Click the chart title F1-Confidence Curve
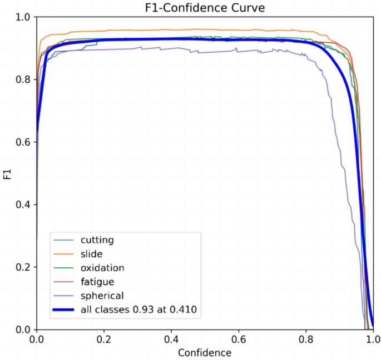click(205, 7)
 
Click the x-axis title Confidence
click(205, 352)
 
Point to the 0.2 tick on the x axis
click(104, 338)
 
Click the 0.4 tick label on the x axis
click(171, 338)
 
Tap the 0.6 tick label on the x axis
click(239, 338)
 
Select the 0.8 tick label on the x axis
click(306, 338)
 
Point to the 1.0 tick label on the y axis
click(24, 18)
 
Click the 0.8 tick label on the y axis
click(24, 80)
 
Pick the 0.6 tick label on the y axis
click(24, 142)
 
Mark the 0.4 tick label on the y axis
click(24, 205)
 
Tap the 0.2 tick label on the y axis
click(24, 267)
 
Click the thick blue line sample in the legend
click(65, 308)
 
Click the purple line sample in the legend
click(65, 294)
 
